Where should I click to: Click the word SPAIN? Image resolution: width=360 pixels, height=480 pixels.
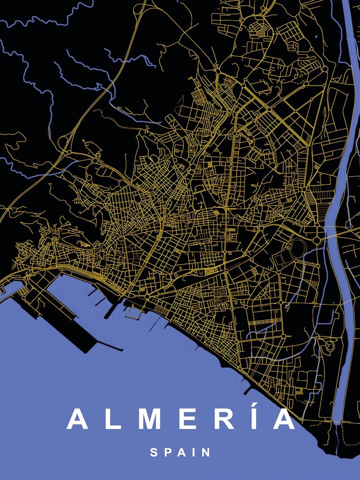180,452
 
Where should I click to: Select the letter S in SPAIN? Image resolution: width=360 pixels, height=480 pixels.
154,452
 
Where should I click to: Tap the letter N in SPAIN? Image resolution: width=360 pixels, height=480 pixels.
206,452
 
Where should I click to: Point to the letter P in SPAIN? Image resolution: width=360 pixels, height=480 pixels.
167,452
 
